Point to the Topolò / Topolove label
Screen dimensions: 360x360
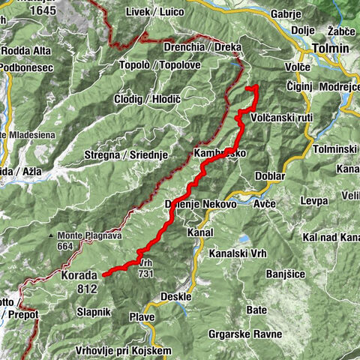click(x=158, y=65)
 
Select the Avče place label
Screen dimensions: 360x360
click(x=264, y=203)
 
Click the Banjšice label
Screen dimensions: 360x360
click(x=285, y=274)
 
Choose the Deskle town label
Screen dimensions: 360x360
click(x=175, y=296)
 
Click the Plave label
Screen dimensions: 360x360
click(x=142, y=317)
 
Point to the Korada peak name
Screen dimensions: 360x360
click(x=77, y=275)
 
